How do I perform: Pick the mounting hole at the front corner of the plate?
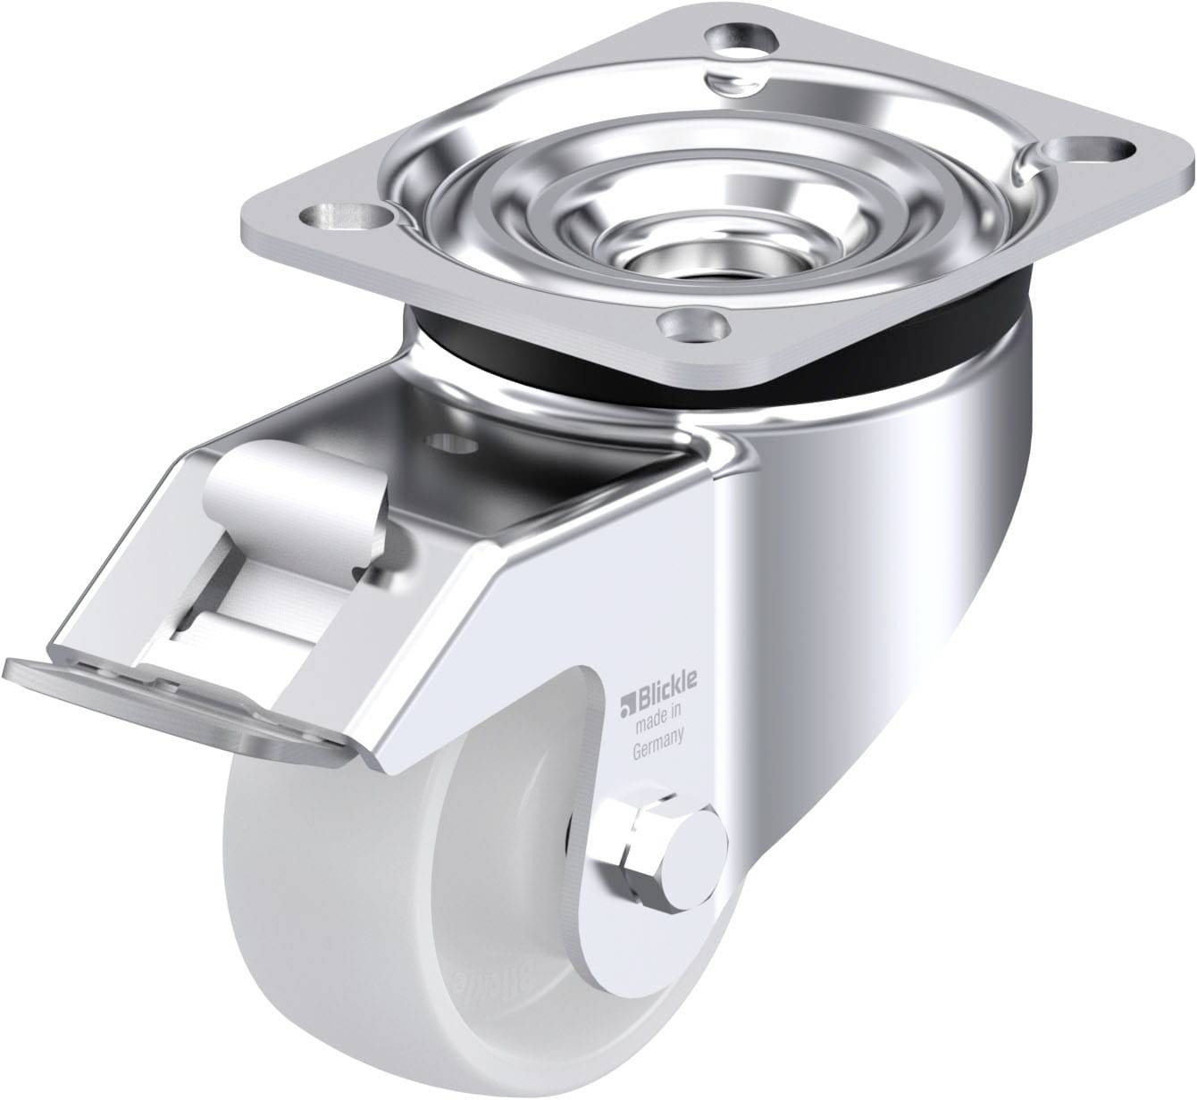[688, 323]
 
